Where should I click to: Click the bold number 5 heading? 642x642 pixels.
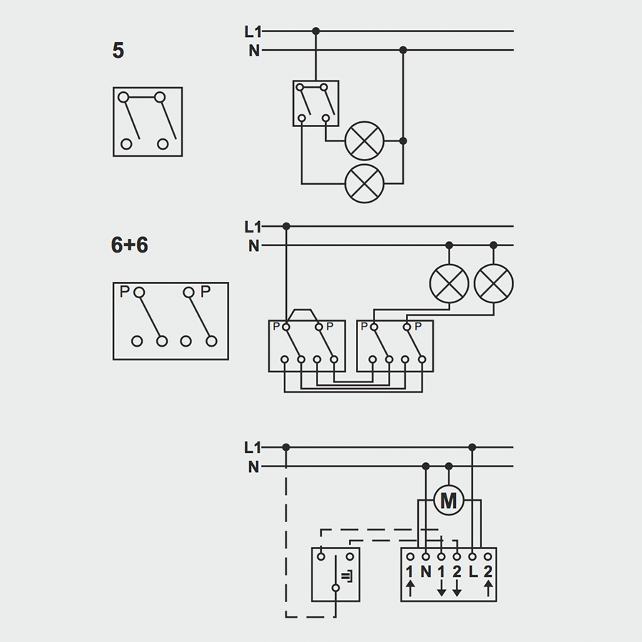(x=118, y=51)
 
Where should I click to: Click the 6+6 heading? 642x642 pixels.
(x=129, y=245)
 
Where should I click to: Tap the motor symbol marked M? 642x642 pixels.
(x=448, y=501)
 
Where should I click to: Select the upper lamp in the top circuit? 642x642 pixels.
(x=365, y=141)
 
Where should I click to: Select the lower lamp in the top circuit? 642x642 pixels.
(x=365, y=183)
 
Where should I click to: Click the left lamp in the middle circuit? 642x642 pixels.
(x=449, y=283)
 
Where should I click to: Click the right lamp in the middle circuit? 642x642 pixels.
(x=494, y=283)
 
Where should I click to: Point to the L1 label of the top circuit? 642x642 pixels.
(x=253, y=31)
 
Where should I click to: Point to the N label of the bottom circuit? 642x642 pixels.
(x=253, y=467)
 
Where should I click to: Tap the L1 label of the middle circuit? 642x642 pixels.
(x=253, y=227)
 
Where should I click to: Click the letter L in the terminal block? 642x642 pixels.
(x=472, y=571)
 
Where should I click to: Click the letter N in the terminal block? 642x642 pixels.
(x=426, y=571)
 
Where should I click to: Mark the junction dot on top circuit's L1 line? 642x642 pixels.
(x=316, y=31)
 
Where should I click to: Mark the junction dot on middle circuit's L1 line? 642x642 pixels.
(x=286, y=226)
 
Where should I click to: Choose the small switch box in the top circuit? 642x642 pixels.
(x=315, y=103)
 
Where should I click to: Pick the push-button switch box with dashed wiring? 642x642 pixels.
(x=335, y=574)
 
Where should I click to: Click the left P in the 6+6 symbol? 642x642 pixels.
(x=124, y=292)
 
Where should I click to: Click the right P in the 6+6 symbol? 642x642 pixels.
(x=205, y=292)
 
